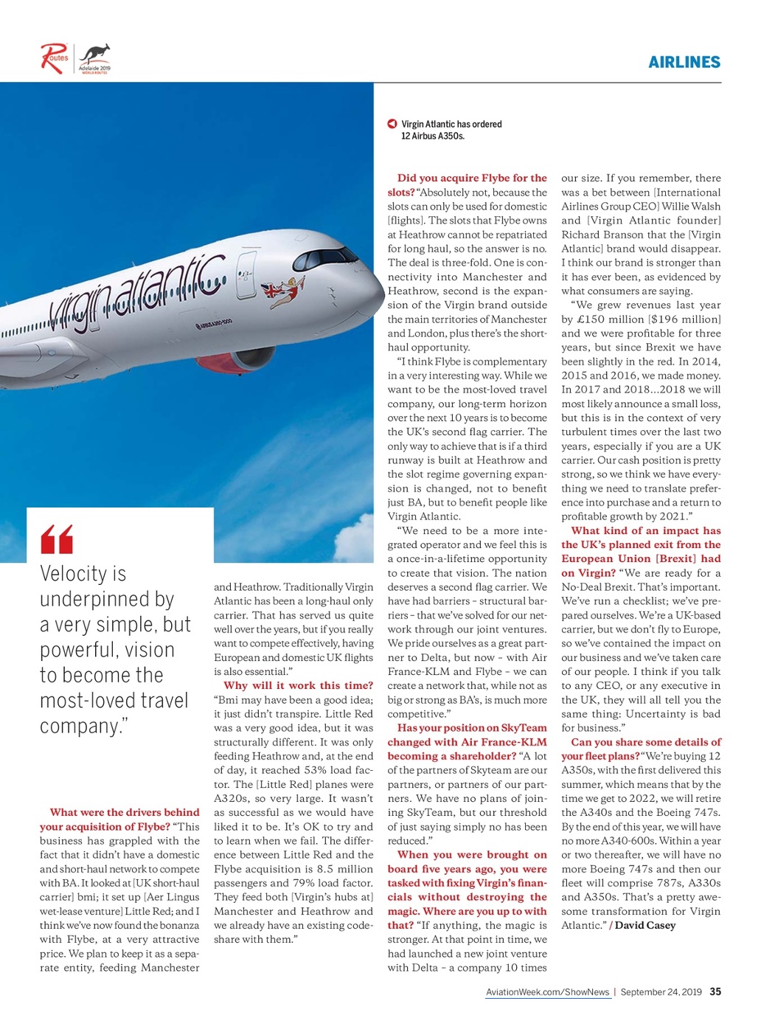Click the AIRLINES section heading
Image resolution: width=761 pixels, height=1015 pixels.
click(x=684, y=62)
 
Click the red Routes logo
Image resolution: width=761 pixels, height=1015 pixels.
click(x=54, y=58)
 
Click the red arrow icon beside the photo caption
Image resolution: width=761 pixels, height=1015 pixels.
click(x=392, y=124)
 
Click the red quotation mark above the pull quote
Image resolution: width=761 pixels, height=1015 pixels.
click(x=57, y=539)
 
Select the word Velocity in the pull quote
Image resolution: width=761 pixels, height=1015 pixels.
click(x=73, y=574)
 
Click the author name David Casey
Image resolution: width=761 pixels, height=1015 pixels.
click(x=644, y=925)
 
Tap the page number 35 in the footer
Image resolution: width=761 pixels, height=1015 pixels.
click(x=715, y=991)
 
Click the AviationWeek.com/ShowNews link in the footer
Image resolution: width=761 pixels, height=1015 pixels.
click(x=547, y=992)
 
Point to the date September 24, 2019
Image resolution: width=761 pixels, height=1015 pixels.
click(x=661, y=992)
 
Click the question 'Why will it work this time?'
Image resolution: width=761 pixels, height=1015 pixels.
click(x=298, y=685)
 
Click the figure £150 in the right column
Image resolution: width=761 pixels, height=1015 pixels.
click(x=590, y=319)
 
